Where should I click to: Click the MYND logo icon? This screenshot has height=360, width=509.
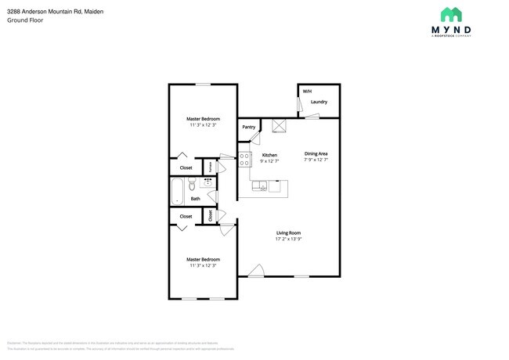[451, 14]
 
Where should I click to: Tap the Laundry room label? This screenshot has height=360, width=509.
[319, 102]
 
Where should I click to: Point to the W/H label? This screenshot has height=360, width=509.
[306, 92]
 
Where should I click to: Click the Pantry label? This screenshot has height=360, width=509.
[249, 127]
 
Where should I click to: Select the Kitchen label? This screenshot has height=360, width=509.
[269, 155]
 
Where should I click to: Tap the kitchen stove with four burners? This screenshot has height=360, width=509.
[244, 160]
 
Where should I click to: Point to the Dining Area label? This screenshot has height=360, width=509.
[316, 153]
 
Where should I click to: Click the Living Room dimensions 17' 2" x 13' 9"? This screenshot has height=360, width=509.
[289, 239]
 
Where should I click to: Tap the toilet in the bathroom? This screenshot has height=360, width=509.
[194, 185]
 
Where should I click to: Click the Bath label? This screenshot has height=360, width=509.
[195, 199]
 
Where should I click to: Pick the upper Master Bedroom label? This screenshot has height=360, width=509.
[203, 118]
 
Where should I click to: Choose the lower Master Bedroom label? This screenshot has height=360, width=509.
[203, 259]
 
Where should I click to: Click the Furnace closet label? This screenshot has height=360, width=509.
[210, 167]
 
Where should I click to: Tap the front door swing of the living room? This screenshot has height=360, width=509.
[255, 270]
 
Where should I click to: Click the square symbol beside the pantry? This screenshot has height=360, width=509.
[277, 126]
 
